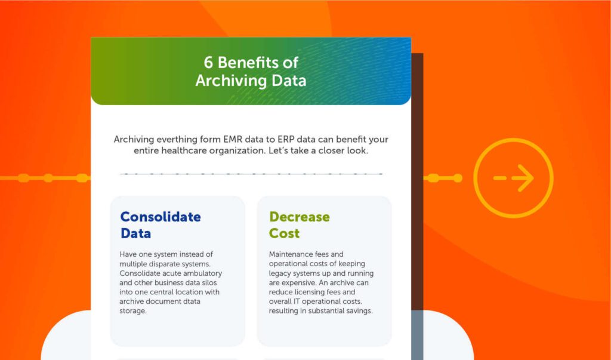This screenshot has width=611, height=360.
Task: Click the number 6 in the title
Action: pos(208,63)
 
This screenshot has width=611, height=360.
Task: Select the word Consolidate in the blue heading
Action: pos(161,217)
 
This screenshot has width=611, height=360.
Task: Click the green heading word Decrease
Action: pos(299,217)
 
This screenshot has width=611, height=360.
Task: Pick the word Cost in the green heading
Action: pos(284,233)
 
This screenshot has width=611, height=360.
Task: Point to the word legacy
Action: pos(282,273)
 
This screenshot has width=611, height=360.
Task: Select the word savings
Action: pos(356,310)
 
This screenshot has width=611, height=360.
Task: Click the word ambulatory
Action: pos(200,273)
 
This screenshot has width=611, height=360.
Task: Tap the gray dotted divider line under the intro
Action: pos(251,174)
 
